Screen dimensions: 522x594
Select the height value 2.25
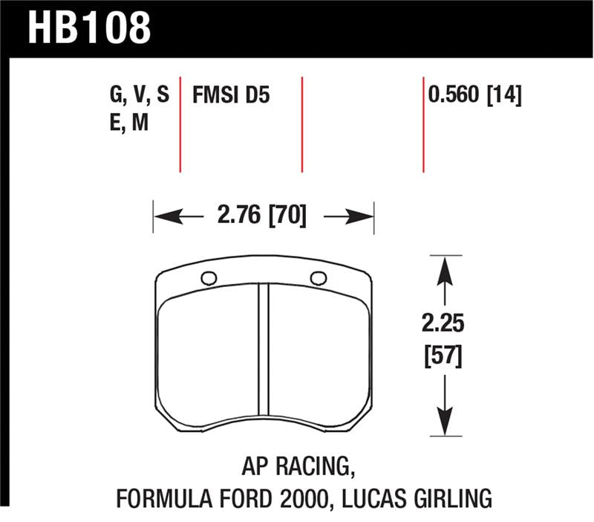pos(444,324)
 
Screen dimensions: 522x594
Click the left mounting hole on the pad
pos(209,279)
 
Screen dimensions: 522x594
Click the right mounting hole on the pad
pos(319,279)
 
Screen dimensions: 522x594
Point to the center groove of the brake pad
pos(263,349)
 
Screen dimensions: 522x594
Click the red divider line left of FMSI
pos(180,123)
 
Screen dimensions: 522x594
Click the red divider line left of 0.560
pos(423,123)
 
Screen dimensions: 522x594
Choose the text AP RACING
pos(295,466)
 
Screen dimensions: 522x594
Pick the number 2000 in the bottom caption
pos(283,496)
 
